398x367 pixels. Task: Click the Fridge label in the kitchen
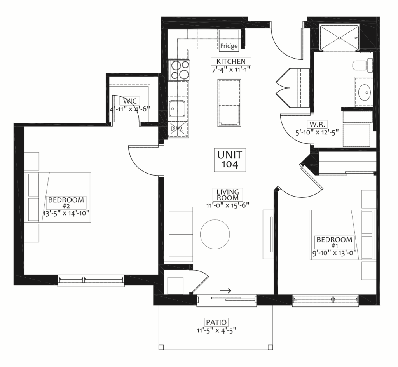pos(229,46)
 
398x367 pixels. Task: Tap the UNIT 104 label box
pos(230,160)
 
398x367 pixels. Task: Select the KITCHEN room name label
pos(231,61)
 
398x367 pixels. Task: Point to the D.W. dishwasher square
pos(178,129)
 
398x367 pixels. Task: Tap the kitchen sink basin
pos(177,109)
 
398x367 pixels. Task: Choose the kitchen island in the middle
pos(229,103)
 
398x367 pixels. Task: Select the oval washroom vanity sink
pos(365,92)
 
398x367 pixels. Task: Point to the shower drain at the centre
pos(339,38)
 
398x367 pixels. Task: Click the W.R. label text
pos(317,125)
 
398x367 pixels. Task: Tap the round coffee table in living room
pos(215,234)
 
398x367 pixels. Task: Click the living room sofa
pos(178,235)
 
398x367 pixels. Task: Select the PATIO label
pos(216,322)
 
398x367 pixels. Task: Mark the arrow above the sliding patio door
pos(225,290)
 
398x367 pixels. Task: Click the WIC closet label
pos(130,101)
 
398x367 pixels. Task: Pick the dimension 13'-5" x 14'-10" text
pos(66,213)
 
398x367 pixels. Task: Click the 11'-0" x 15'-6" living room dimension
pos(228,205)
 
